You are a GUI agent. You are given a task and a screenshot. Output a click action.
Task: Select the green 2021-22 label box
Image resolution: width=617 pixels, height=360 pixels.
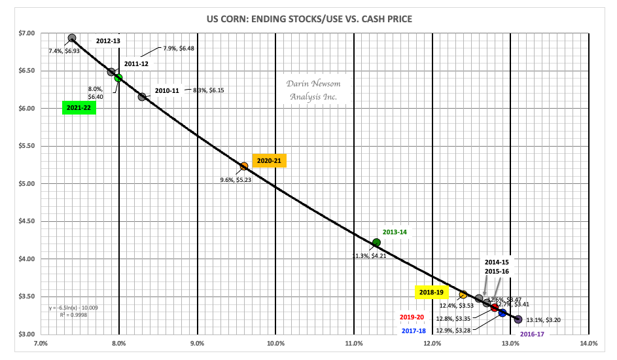coord(79,108)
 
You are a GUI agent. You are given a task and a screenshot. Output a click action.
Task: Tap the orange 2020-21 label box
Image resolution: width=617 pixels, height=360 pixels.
coord(269,160)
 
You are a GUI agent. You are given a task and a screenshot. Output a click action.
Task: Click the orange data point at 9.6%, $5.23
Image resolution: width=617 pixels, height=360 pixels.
coord(244,166)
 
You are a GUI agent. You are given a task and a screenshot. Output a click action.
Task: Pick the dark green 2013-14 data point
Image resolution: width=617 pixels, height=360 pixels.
coord(376,243)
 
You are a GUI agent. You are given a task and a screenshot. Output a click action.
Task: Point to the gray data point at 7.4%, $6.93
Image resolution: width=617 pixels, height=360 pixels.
coord(72,39)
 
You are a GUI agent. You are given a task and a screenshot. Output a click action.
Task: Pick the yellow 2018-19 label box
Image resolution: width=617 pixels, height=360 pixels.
coord(432,293)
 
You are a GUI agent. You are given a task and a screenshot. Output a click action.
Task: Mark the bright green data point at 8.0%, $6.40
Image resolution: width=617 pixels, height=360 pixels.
coord(118,78)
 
